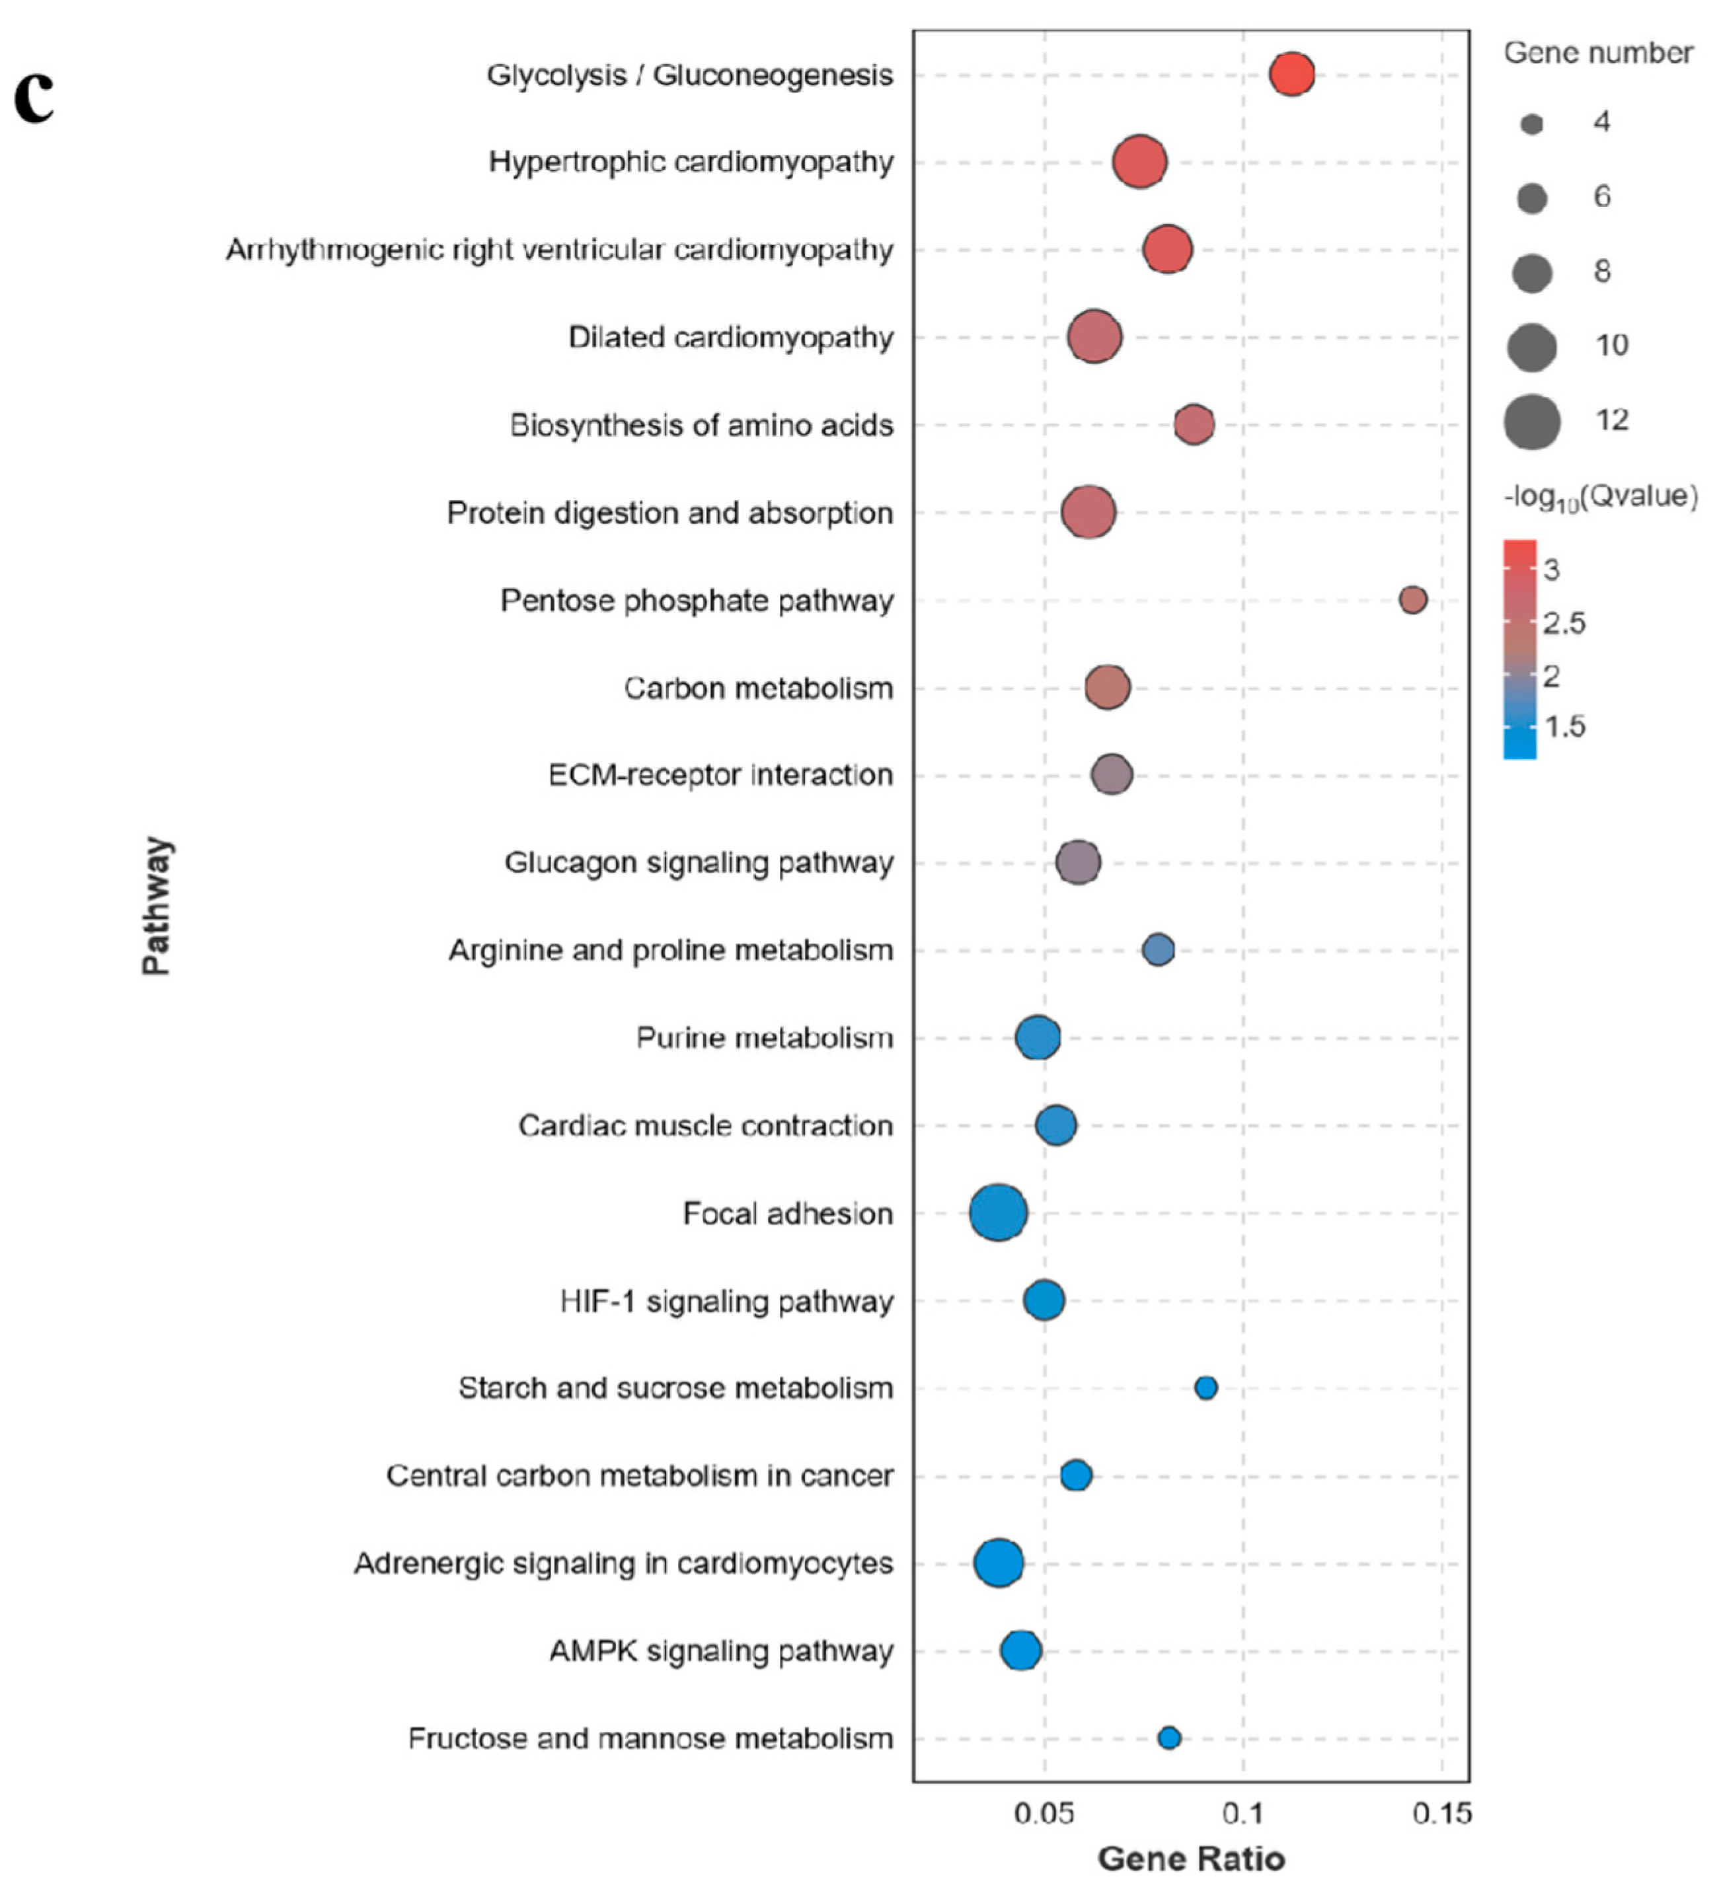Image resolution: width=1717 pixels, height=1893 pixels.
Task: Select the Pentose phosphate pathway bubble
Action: [x=1413, y=599]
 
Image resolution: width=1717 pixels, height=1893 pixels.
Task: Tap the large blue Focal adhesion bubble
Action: [x=997, y=1212]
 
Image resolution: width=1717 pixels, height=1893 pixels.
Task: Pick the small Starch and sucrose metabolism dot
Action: [x=1206, y=1387]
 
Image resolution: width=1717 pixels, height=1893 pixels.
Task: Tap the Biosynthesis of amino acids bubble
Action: [x=1194, y=424]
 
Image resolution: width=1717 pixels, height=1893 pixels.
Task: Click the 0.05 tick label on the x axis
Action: [x=1044, y=1813]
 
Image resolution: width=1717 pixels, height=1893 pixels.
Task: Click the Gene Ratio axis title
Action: [x=1191, y=1858]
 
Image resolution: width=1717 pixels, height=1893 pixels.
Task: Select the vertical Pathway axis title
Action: [x=157, y=905]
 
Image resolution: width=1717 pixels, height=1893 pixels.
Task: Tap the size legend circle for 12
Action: [x=1531, y=421]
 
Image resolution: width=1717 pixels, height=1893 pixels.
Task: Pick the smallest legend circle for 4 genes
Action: [x=1531, y=124]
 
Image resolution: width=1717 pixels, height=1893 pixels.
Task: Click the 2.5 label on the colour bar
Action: [x=1564, y=622]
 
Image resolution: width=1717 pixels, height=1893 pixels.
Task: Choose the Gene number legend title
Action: [x=1598, y=54]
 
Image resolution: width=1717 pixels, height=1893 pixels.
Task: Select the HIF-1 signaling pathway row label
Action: [x=726, y=1302]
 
